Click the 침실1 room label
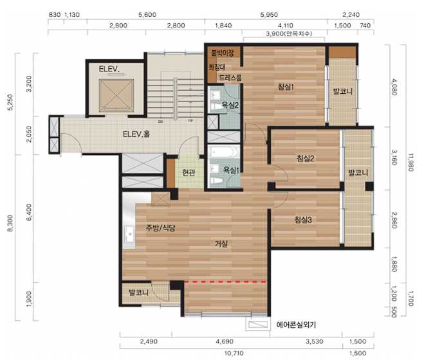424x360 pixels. pos(286,87)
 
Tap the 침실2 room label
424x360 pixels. pos(305,158)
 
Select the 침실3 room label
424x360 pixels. pos(303,220)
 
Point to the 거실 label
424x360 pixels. pos(221,244)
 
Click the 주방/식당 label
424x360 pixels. pos(160,228)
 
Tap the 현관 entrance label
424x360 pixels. pos(189,172)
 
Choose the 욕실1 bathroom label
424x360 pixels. pos(231,170)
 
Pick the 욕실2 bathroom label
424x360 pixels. pos(230,105)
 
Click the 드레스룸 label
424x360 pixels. pos(230,78)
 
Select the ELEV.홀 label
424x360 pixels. pos(136,134)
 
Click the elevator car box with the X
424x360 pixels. pos(116,95)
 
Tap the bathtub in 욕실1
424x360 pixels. pos(224,152)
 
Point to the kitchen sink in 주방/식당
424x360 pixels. pos(129,234)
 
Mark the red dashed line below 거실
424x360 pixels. pos(225,282)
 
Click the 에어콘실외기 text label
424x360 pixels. pos(296,325)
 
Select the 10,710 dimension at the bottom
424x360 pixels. pos(234,353)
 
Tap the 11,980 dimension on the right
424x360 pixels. pos(410,162)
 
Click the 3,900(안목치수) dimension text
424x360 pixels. pos(289,34)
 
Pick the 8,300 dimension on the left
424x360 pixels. pos(10,223)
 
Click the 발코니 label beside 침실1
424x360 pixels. pos(343,91)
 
